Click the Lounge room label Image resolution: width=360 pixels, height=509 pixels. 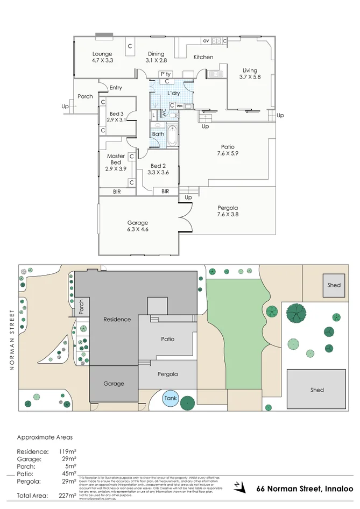102,57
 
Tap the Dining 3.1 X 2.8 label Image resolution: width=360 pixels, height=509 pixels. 156,57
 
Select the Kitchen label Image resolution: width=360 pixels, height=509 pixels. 203,57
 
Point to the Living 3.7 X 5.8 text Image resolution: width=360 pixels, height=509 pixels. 250,74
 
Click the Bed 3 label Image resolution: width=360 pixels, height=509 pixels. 117,117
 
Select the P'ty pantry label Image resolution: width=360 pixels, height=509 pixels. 165,74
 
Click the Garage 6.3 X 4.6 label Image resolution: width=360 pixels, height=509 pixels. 137,226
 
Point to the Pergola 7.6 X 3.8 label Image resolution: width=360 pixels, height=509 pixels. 228,211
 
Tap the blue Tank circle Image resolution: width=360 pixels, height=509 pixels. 171,399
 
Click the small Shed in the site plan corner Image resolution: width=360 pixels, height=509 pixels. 334,285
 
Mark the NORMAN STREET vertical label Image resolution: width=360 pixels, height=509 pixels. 11,340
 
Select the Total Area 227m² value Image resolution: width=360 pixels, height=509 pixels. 67,496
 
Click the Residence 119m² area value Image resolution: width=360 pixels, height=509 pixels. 67,451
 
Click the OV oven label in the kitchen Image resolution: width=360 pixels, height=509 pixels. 206,41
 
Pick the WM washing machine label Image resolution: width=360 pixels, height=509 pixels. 180,106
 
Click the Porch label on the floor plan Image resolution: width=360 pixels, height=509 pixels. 85,96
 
